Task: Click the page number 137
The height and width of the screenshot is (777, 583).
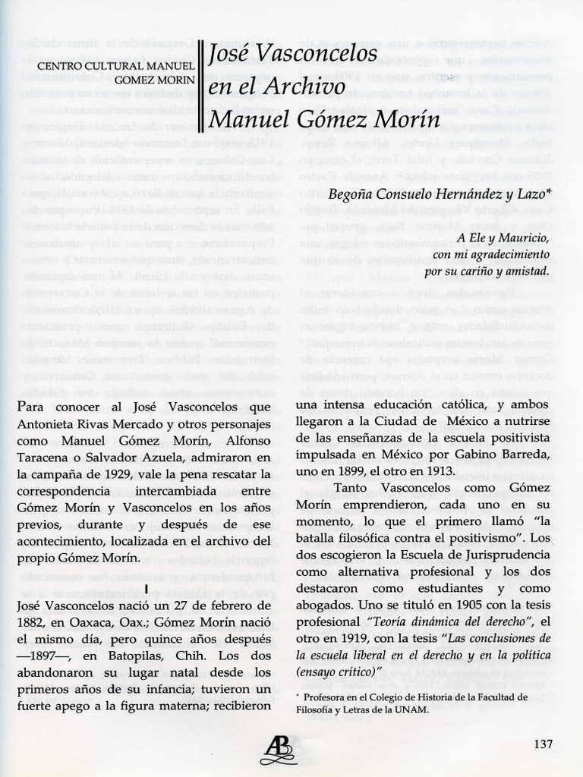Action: tap(543, 743)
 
